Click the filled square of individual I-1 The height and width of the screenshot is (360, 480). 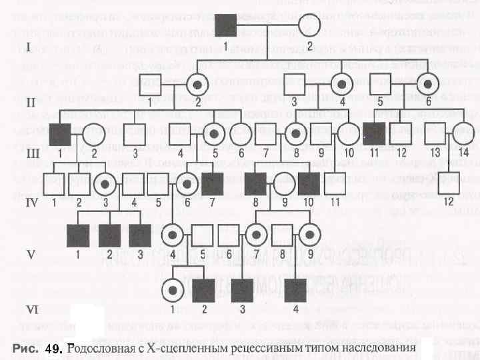(x=227, y=26)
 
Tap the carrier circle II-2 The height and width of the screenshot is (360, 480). (x=198, y=84)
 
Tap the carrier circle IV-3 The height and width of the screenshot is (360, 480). (x=105, y=181)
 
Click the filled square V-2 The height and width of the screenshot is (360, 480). (x=109, y=234)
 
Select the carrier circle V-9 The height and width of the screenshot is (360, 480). (x=307, y=234)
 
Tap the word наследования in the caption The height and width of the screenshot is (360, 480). (x=374, y=349)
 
